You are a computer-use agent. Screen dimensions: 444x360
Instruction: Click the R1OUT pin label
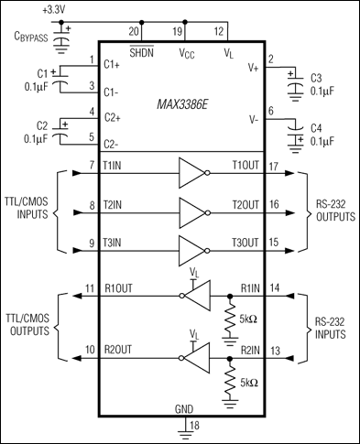pos(116,288)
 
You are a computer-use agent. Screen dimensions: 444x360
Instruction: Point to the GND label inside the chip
pos(184,409)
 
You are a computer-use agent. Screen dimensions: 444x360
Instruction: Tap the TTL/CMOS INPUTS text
pos(27,210)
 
